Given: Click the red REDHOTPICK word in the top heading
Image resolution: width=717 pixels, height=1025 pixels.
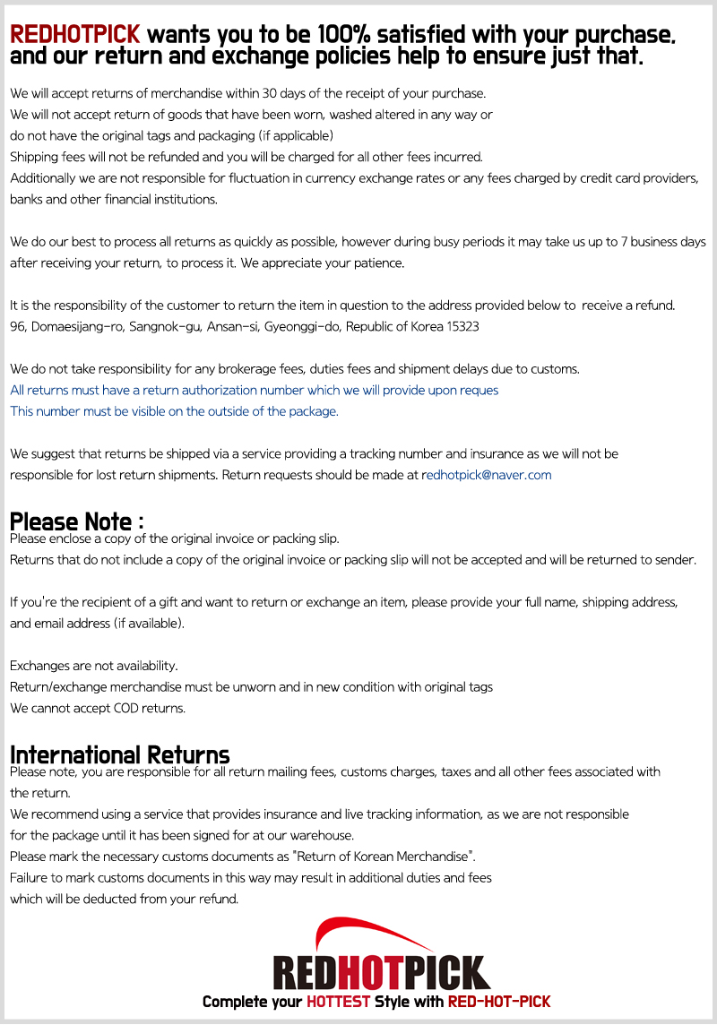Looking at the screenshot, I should click(75, 35).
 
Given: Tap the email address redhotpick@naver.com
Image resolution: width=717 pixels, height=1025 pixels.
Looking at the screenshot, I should click(486, 475).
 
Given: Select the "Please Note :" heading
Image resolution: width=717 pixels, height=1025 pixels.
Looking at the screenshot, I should click(76, 521).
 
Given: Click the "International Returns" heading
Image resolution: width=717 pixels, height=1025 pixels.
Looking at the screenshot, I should click(119, 754).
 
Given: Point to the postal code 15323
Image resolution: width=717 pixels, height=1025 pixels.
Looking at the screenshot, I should click(461, 326).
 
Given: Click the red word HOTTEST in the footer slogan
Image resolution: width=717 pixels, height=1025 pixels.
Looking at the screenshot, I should click(339, 1001).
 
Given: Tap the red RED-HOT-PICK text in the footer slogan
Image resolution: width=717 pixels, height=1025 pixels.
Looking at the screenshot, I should click(499, 1001).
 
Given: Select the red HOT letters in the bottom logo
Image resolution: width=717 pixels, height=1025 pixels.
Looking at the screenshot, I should click(380, 973).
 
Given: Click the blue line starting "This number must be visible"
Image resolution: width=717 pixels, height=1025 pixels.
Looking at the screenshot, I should click(174, 411).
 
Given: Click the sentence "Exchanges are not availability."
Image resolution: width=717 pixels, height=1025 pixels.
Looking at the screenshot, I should click(94, 666).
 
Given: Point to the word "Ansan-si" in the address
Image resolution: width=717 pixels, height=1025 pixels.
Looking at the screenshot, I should click(232, 326).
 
